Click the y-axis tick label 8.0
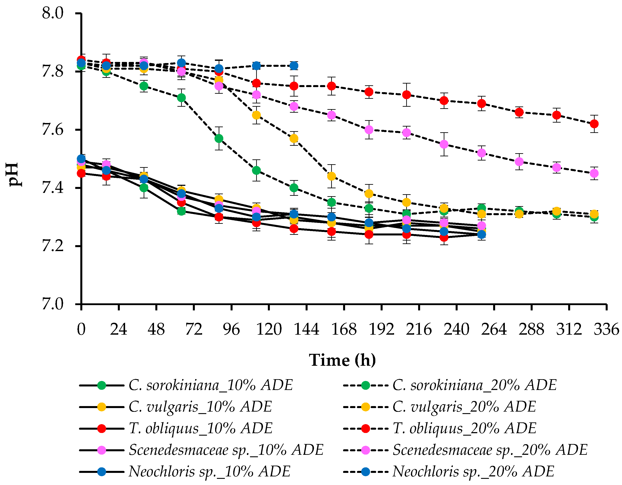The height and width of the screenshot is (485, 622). pos(53,13)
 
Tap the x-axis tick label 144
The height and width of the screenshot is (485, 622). pos(306,329)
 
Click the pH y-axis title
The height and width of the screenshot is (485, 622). pos(14,174)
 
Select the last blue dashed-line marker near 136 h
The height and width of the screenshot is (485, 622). pos(294,66)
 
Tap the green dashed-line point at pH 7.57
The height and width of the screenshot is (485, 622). pos(219,139)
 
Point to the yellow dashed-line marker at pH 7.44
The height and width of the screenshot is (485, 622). pos(331,176)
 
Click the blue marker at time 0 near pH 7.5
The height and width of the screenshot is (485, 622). pos(81,159)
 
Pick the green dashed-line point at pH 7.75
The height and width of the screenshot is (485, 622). pos(144,86)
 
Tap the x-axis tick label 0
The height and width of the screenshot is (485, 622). pos(81,329)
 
